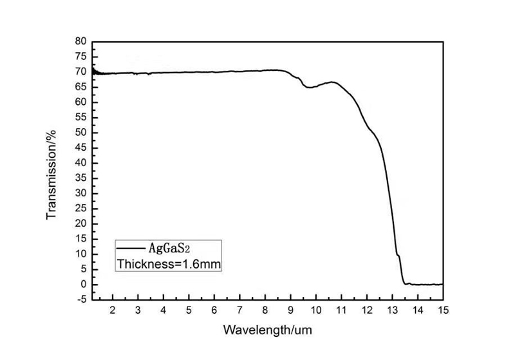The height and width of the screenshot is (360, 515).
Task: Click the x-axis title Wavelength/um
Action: [x=267, y=330]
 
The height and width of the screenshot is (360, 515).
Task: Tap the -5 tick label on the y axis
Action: [x=81, y=299]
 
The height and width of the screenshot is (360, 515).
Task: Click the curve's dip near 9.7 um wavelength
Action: [x=309, y=87]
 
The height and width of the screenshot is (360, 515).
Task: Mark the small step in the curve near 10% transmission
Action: [x=398, y=256]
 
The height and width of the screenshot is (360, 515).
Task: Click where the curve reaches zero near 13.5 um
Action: [x=406, y=283]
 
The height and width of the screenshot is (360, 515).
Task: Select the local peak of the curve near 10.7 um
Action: [x=333, y=82]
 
